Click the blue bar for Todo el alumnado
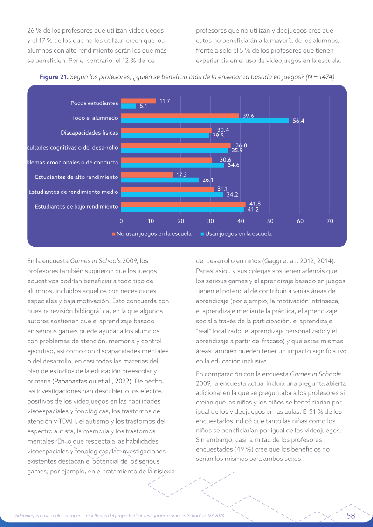coord(205,121)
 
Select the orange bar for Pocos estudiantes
coord(138,101)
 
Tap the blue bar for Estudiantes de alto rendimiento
coord(160,180)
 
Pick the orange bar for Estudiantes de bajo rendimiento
coord(183,205)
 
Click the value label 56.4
coord(298,121)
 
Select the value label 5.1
coord(143,106)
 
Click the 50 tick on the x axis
coord(270,221)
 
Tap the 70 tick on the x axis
coord(330,221)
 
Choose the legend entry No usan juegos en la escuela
coord(152,233)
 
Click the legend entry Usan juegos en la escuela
coord(236,233)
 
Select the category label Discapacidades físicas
coord(90,133)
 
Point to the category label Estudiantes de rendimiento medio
coord(73,192)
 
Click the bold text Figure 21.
coord(54,77)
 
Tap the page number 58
coord(351,515)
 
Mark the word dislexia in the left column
coord(164,471)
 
